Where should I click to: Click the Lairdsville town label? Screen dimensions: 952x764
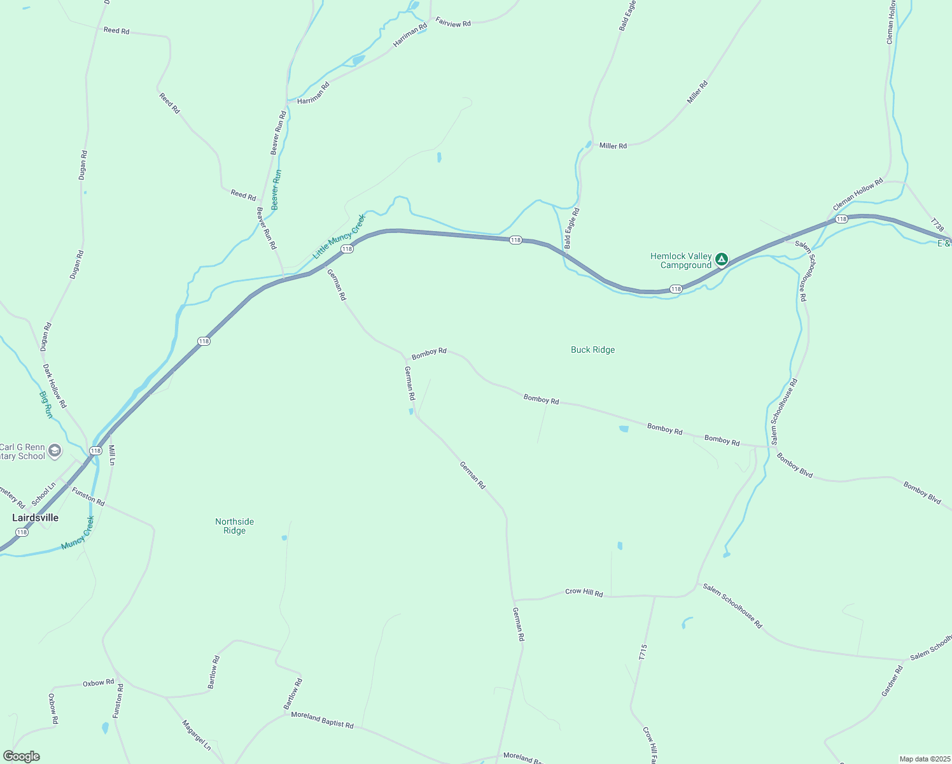click(x=36, y=518)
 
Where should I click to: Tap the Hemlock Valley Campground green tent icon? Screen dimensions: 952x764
click(x=721, y=259)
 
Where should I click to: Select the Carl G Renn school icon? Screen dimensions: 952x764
click(x=55, y=451)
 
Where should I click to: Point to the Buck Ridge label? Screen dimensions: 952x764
click(x=592, y=350)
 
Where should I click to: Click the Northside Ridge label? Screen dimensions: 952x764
click(x=234, y=526)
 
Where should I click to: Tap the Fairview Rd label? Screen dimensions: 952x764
click(x=453, y=22)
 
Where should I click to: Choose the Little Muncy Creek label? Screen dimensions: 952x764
click(x=339, y=236)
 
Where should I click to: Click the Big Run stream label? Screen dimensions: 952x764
click(x=46, y=404)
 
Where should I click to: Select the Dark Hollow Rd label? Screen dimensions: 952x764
click(x=55, y=386)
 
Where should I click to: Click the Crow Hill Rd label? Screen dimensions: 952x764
click(x=584, y=592)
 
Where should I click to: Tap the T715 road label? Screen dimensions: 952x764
click(x=643, y=652)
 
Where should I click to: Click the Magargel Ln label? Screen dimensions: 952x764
click(x=197, y=735)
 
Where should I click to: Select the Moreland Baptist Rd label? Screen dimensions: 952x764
click(x=322, y=719)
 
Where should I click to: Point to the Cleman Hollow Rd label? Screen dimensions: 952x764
click(x=858, y=194)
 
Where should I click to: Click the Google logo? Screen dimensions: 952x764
click(x=21, y=756)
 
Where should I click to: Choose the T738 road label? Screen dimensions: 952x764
click(x=937, y=225)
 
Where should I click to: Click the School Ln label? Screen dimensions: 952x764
click(x=44, y=494)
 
